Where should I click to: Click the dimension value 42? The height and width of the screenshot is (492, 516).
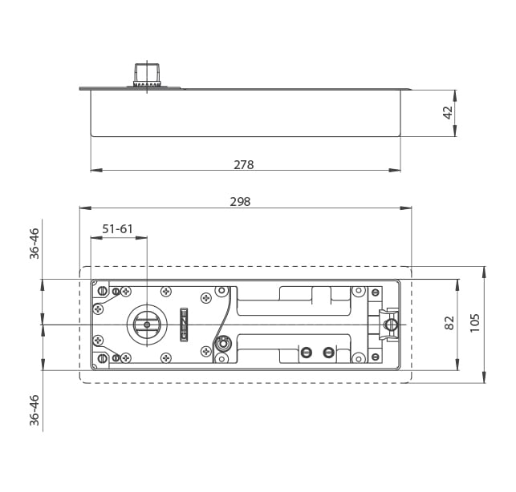(448, 113)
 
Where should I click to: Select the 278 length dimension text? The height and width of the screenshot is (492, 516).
(243, 164)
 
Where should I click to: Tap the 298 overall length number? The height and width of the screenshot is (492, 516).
(240, 202)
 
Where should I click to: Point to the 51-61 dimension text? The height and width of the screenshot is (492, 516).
(117, 228)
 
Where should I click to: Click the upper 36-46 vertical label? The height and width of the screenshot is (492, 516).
(35, 244)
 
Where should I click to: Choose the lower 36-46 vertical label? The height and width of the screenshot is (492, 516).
(35, 410)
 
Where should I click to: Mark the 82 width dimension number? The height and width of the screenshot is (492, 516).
(449, 322)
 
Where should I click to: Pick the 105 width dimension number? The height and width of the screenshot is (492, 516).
(474, 323)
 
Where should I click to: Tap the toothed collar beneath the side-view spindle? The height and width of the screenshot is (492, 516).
(147, 83)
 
